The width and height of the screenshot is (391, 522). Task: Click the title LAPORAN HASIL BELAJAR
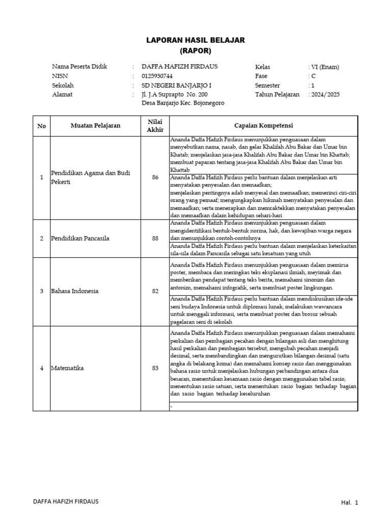point(195,40)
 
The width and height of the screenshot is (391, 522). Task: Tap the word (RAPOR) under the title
point(195,50)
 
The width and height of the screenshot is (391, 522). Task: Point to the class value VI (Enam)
point(325,67)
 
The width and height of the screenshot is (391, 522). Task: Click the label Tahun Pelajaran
point(277,94)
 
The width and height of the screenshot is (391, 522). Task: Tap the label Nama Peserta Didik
point(79,67)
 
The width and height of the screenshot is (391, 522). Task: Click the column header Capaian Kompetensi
point(264,125)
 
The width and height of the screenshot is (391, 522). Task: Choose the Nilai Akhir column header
point(155,125)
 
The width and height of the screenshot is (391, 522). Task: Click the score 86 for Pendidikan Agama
point(155,177)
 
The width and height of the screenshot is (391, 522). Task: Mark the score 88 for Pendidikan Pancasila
point(155,238)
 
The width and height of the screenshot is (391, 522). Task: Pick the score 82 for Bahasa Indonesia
point(155,291)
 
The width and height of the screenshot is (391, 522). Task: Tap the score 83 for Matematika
point(155,368)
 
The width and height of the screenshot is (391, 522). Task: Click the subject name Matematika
point(68,368)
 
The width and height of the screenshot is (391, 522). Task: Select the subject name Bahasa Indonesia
point(75,291)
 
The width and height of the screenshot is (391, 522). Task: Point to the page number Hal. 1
point(349,503)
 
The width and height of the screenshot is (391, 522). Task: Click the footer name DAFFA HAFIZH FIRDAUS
point(66,501)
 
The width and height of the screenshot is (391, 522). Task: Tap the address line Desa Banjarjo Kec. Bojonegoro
point(182,103)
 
